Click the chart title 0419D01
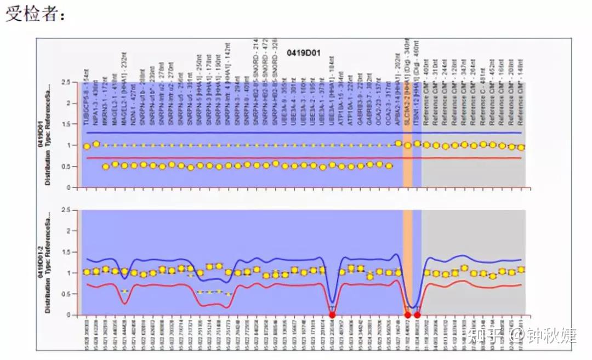(x=304, y=53)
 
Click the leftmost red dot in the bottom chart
(x=332, y=315)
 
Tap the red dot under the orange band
(x=407, y=315)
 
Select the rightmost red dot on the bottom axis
(x=417, y=315)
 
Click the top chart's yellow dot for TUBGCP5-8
(x=87, y=146)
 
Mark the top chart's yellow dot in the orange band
(x=407, y=145)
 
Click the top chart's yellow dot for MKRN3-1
(x=106, y=166)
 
